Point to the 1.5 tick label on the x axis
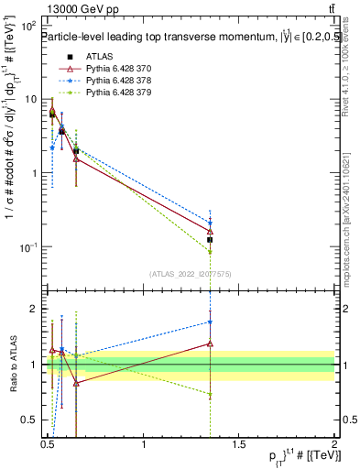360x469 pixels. tap(239, 446)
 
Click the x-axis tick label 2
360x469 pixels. tap(334, 446)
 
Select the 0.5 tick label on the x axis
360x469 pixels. tap(49, 446)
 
